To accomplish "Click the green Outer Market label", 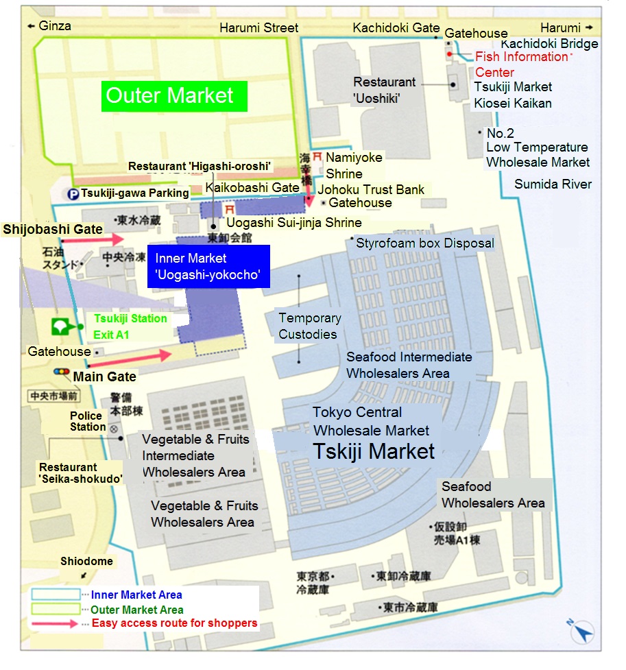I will click(174, 95).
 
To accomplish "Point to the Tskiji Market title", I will click(374, 451).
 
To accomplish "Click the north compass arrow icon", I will click(581, 632).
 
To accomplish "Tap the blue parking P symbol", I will click(73, 194).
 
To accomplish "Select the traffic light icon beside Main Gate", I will click(62, 372).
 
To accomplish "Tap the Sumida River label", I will click(553, 184).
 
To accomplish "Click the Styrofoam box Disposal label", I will click(424, 243).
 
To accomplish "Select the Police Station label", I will click(88, 421).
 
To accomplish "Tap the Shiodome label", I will click(86, 561).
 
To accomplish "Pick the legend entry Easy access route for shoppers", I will click(174, 623).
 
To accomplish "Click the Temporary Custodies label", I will click(309, 326).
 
